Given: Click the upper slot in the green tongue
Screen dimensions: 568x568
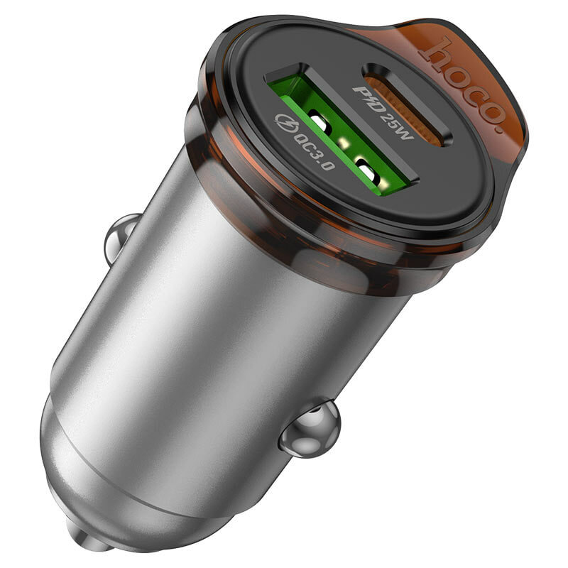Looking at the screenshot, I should pos(319,126).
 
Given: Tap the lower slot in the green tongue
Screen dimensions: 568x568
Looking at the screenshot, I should pos(368,169).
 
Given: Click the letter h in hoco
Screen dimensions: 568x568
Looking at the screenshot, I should pos(433,48).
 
